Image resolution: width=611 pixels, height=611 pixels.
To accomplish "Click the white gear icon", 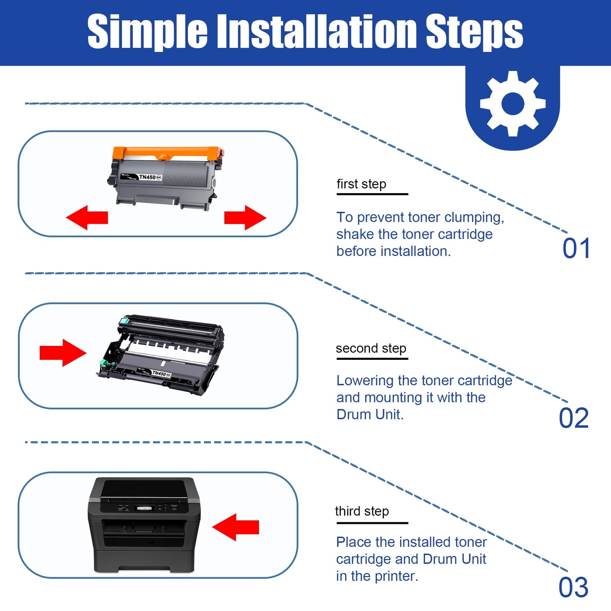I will point(512,104).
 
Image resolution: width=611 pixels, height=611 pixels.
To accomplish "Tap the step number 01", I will point(576,248).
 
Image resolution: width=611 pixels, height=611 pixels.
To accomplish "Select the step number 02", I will point(574,418).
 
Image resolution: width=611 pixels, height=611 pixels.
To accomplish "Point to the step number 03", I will point(573,587).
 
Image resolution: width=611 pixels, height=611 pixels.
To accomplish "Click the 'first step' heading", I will point(361,184).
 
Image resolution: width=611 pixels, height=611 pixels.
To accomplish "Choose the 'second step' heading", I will point(371,348).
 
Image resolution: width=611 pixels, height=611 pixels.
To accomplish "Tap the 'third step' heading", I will point(362,511).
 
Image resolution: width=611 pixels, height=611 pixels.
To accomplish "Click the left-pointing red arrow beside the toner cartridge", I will point(87,218).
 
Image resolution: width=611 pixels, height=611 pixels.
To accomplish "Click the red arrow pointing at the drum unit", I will point(63,352).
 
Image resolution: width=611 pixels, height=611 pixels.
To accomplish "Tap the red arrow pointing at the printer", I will point(236,527).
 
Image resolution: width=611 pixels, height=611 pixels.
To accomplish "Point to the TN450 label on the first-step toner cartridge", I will point(148,177).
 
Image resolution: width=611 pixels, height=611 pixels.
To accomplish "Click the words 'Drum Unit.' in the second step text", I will point(370,414).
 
